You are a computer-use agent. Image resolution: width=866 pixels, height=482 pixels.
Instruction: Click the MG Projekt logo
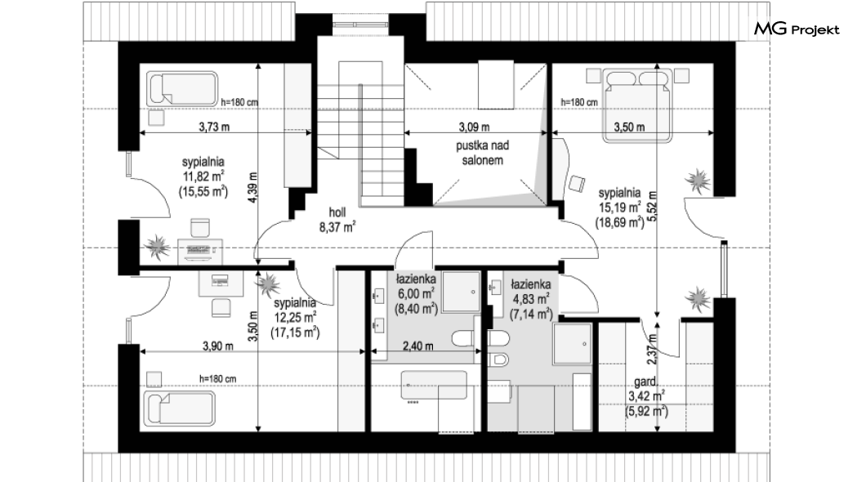[797, 29]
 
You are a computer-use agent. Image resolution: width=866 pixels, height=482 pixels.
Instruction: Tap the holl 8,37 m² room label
[337, 219]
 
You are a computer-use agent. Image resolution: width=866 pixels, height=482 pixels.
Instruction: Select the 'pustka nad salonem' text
[482, 153]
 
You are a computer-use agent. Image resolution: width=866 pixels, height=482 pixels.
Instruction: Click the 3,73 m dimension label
[214, 127]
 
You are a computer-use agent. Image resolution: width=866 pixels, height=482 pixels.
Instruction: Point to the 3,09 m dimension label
[474, 127]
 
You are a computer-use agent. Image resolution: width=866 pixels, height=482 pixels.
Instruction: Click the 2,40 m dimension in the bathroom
[417, 346]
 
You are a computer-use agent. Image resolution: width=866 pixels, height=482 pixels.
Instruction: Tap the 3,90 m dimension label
[217, 346]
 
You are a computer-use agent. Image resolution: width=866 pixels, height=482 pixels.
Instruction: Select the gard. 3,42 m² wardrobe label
[646, 396]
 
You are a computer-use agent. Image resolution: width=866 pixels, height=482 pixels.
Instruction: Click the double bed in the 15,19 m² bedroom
[638, 104]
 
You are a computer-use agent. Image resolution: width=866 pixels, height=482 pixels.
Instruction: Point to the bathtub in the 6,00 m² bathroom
[434, 385]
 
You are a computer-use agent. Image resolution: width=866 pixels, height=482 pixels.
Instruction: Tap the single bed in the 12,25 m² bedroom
[179, 409]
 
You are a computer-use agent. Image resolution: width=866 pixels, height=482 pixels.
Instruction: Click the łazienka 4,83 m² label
[530, 299]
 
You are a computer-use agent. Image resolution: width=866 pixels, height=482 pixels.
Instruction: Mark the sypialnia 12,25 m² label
[295, 318]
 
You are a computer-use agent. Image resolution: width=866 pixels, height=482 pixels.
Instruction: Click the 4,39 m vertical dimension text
[253, 188]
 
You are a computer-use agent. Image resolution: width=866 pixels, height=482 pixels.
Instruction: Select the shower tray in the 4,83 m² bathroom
[573, 343]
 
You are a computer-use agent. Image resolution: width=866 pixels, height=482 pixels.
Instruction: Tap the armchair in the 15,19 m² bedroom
[577, 183]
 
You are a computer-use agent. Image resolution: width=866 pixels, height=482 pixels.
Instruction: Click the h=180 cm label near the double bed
[579, 102]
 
